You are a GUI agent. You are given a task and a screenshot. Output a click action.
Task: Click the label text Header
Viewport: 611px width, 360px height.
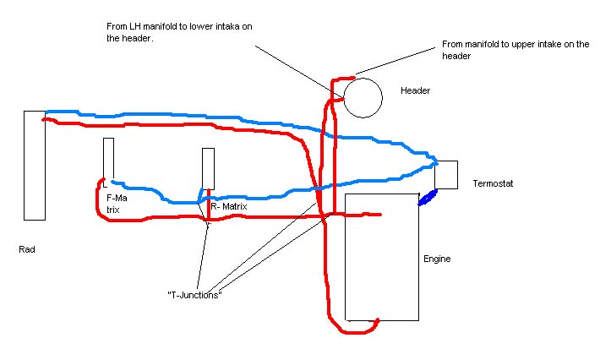point(416,90)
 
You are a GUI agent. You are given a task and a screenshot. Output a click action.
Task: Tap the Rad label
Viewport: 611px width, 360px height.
point(27,249)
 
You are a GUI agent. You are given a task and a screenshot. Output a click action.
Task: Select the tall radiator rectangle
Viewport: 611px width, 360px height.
point(25,166)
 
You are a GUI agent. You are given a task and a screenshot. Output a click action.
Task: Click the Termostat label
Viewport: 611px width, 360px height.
point(493,183)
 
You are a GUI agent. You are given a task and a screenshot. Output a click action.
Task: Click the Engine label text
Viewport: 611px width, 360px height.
point(437,259)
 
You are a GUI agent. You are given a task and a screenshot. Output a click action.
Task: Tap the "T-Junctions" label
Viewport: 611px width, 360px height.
point(194,295)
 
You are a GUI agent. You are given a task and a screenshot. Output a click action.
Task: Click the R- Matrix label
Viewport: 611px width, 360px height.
point(229,206)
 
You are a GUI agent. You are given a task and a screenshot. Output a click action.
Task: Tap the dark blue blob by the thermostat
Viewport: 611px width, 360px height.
point(428,198)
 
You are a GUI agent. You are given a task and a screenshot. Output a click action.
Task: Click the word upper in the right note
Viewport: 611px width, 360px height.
point(523,45)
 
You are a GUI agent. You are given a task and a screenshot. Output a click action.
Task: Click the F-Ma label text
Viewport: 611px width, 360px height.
point(117,198)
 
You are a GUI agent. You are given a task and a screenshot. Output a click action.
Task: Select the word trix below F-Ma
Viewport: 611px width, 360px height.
point(113,210)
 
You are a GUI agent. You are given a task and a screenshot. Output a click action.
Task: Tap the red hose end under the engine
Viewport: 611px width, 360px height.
point(377,320)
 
